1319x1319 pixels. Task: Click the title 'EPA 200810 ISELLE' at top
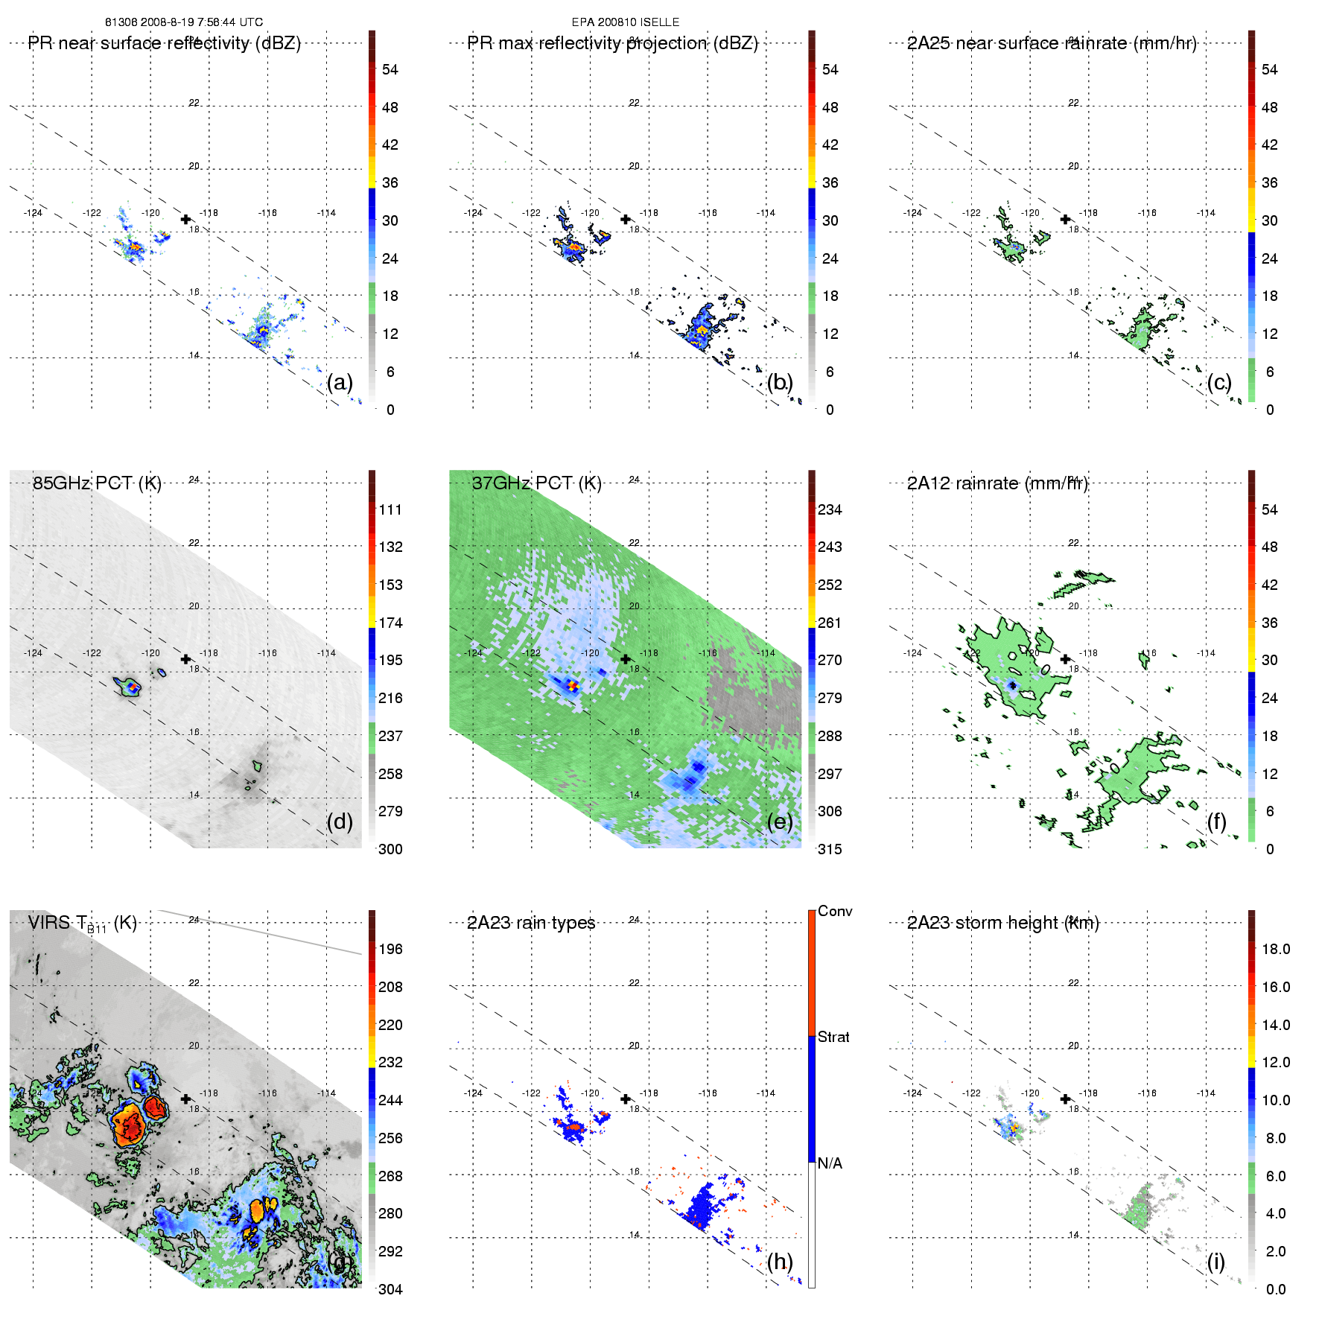click(x=625, y=22)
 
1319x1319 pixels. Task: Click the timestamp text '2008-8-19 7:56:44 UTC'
click(x=200, y=22)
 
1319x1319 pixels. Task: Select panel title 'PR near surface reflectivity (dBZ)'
click(x=164, y=43)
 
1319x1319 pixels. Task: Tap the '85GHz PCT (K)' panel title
click(x=97, y=483)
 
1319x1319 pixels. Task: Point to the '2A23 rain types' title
click(x=531, y=923)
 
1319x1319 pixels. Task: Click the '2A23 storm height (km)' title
click(x=1002, y=923)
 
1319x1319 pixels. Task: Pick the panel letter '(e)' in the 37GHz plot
click(x=779, y=821)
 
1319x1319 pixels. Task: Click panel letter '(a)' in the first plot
click(x=340, y=382)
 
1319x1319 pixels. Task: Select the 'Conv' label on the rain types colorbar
click(x=835, y=911)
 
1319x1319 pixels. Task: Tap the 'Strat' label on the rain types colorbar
click(x=833, y=1037)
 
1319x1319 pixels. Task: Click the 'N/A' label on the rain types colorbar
click(x=830, y=1163)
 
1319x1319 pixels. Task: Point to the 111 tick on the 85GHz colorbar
click(x=390, y=509)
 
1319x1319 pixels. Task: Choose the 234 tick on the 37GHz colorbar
click(x=830, y=509)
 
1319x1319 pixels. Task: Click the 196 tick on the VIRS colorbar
click(x=390, y=949)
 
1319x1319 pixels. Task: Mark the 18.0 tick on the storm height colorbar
click(x=1276, y=949)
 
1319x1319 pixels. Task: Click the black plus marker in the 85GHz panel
click(x=185, y=659)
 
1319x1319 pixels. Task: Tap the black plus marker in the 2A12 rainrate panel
click(x=1065, y=659)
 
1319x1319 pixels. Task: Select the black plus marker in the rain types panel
click(x=626, y=1099)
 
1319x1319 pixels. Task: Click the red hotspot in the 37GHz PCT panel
click(x=572, y=685)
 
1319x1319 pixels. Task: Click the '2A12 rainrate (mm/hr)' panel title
click(x=997, y=483)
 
